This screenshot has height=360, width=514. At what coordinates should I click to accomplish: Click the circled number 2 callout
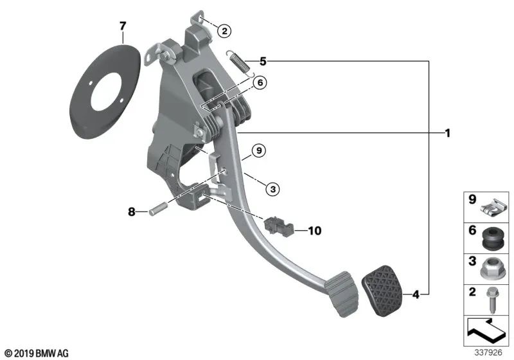click(224, 31)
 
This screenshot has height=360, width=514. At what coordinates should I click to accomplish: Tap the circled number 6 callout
click(260, 83)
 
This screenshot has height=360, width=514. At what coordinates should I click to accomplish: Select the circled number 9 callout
click(259, 150)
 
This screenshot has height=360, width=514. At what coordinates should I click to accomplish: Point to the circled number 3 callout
click(272, 189)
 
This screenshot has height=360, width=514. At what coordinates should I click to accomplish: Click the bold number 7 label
click(123, 26)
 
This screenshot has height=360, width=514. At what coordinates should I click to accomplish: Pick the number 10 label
click(315, 231)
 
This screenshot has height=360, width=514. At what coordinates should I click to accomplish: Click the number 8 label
click(132, 212)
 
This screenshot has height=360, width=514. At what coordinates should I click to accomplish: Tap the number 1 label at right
click(447, 133)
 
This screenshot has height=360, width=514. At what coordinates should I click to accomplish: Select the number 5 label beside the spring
click(263, 61)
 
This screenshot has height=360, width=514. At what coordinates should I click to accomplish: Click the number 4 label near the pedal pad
click(416, 295)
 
